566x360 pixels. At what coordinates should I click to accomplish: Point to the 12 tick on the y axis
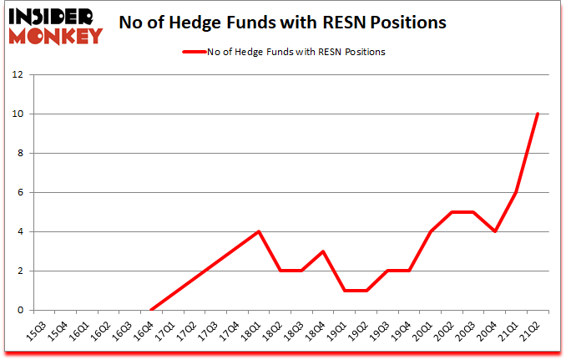(19, 74)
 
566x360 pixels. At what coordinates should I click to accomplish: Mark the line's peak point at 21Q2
(538, 114)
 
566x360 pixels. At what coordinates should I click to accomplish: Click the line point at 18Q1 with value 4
(259, 231)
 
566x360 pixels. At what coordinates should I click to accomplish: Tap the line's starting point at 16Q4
(151, 310)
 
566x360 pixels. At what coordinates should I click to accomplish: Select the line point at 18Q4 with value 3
(323, 251)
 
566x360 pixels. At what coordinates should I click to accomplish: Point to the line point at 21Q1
(517, 192)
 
